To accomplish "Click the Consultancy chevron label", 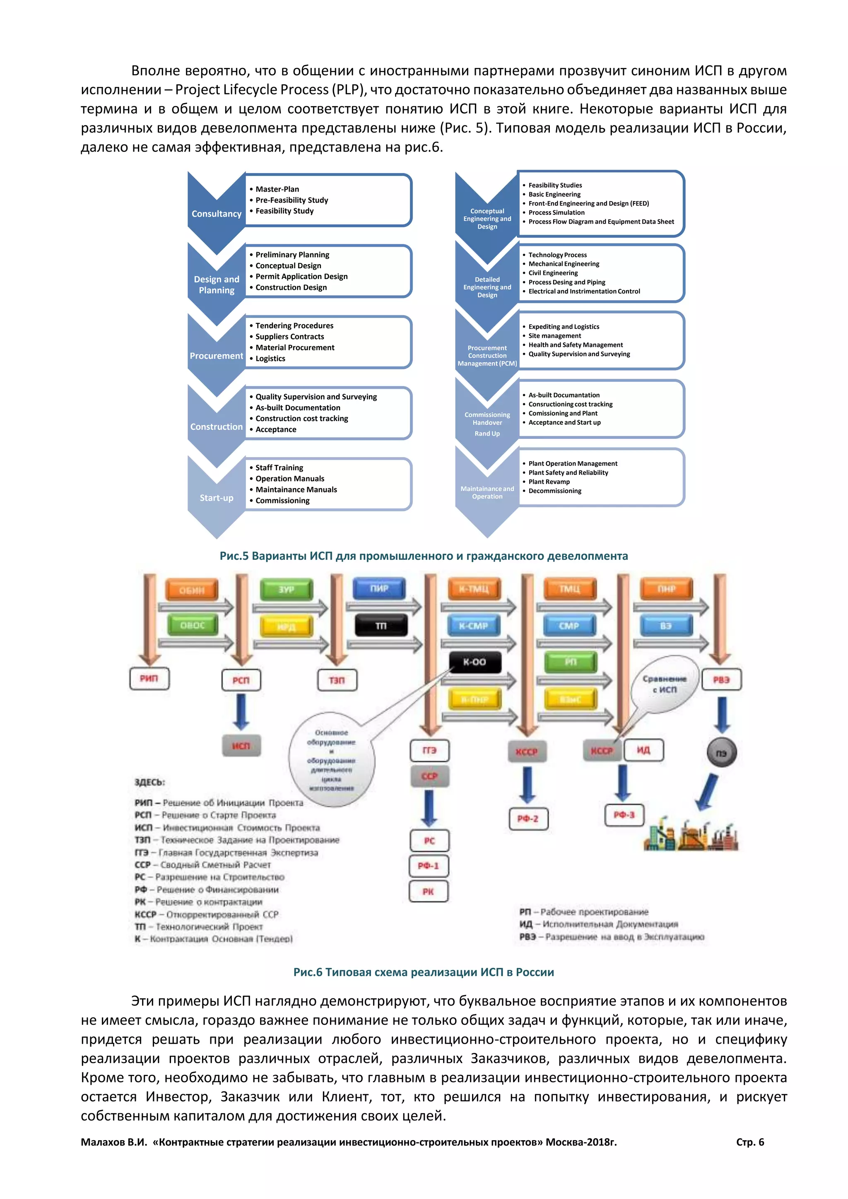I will point(216,214).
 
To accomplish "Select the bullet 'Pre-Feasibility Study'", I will point(291,200).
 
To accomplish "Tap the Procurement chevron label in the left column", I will point(216,356).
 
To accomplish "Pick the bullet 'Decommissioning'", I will point(554,491).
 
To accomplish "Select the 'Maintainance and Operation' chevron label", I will point(487,492).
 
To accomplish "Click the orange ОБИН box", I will point(192,590).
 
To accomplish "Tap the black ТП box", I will point(381,626).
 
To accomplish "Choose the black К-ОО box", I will point(474,662).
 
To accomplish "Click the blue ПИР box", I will point(379,589).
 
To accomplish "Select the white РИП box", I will point(149,678).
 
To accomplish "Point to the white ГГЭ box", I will point(429,750).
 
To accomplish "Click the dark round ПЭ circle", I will point(721,753).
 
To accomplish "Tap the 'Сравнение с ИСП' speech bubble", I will point(664,684).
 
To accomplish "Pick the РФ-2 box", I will point(528,818).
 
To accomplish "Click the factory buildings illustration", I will point(690,835).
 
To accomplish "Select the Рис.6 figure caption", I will point(424,972).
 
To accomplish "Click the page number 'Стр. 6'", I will point(750,1142).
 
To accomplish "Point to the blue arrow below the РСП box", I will point(241,711).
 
